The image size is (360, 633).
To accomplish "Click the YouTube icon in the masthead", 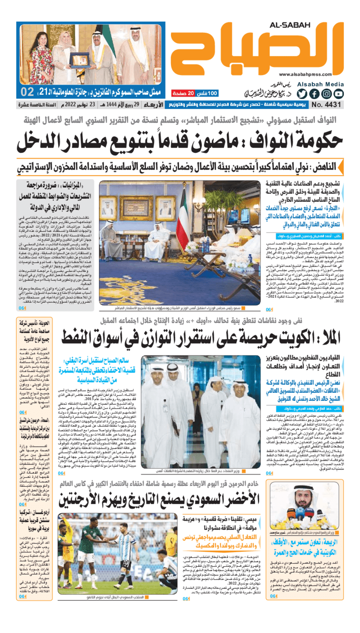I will (x=338, y=94).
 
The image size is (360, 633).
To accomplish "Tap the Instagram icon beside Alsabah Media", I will (x=326, y=94).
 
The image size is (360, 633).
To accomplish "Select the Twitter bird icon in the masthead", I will (x=301, y=94).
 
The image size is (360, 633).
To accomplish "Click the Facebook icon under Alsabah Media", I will (x=314, y=94).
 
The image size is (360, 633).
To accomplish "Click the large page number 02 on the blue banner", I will (x=27, y=92).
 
